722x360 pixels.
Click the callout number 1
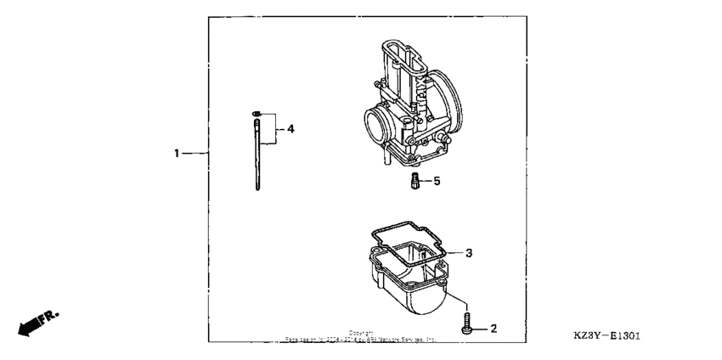[177, 154]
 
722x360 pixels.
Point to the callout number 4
[290, 130]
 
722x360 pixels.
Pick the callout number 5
[437, 181]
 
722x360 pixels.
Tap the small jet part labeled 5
[415, 182]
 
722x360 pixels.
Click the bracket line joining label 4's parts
[275, 130]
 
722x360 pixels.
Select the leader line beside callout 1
[196, 154]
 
